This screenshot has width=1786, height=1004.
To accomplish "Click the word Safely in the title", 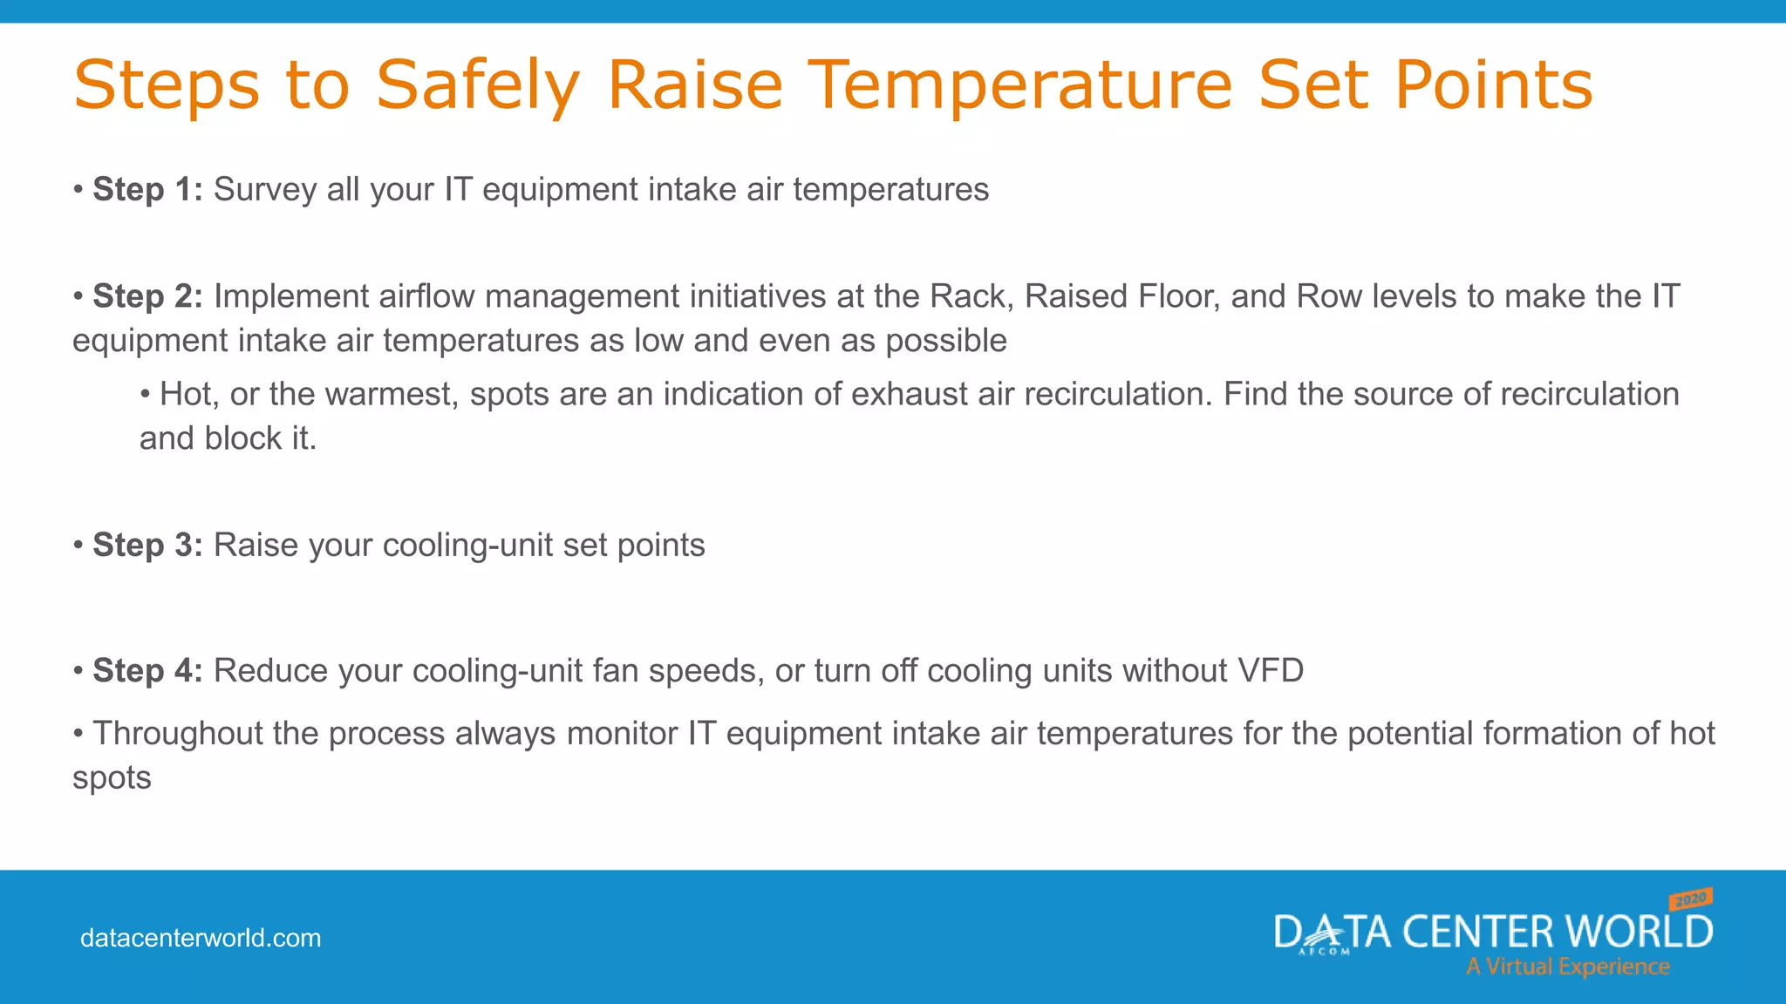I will coord(477,85).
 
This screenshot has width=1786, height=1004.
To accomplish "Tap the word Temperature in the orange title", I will coord(1020,85).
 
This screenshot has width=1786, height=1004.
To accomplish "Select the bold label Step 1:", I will coord(147,189).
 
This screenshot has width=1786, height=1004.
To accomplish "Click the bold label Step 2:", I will coord(147,296).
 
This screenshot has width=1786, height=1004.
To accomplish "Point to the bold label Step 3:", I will coord(147,545).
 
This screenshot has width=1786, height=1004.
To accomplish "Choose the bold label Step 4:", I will coord(147,670).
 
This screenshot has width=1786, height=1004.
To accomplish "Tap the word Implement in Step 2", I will coord(291,296).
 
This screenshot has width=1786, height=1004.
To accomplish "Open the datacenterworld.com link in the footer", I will coord(201,938).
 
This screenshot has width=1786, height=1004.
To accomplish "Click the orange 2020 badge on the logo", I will coord(1691,899).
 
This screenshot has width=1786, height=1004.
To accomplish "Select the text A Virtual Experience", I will coord(1567,967).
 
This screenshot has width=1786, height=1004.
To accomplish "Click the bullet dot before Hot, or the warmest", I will coord(145,394).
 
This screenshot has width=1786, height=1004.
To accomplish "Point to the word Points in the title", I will coord(1492,85).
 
